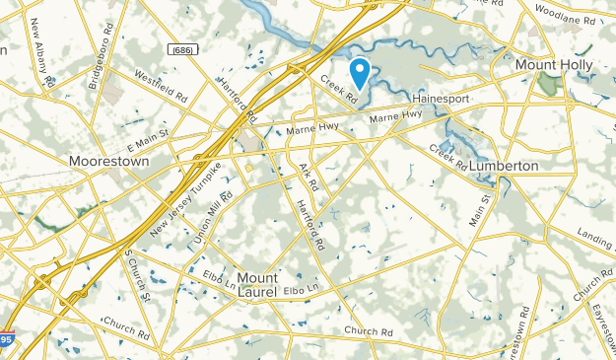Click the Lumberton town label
pyautogui.click(x=504, y=165)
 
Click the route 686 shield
pyautogui.click(x=180, y=48)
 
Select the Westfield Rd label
pyautogui.click(x=161, y=87)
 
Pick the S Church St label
pyautogui.click(x=136, y=274)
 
